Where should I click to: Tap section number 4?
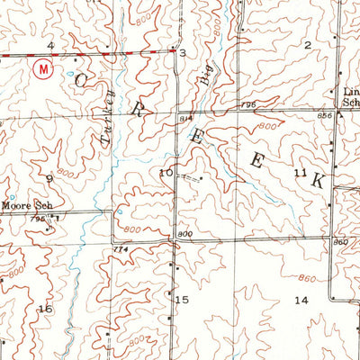point(50,44)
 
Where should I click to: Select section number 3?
point(183,54)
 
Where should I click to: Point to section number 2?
point(307,44)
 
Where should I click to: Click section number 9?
point(50,179)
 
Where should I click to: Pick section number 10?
point(166,172)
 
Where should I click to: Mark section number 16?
point(45,309)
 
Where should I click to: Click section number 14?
point(301,300)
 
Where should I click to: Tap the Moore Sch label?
point(23,206)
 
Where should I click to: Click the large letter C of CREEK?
point(82,81)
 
